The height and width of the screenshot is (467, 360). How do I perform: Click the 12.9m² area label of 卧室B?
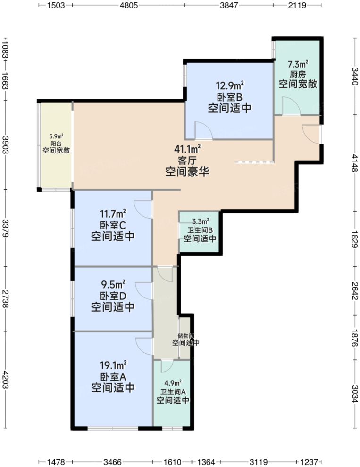[x=230, y=86]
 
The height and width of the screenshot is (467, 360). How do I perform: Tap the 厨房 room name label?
[x=297, y=74]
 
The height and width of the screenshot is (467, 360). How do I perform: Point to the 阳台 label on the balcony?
[x=53, y=144]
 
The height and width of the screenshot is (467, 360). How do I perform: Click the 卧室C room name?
[x=113, y=225]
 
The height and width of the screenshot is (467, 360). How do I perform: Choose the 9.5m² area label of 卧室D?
[x=113, y=285]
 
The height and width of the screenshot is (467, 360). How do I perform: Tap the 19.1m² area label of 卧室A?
[x=113, y=365]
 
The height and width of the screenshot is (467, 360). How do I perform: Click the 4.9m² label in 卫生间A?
[x=173, y=383]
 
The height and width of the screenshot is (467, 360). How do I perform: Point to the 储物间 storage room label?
[x=185, y=336]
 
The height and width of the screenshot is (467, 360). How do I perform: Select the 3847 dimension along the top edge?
[x=229, y=6]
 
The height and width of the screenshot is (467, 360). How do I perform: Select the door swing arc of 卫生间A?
[x=167, y=366]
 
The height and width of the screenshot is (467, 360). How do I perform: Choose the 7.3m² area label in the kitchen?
[x=298, y=64]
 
